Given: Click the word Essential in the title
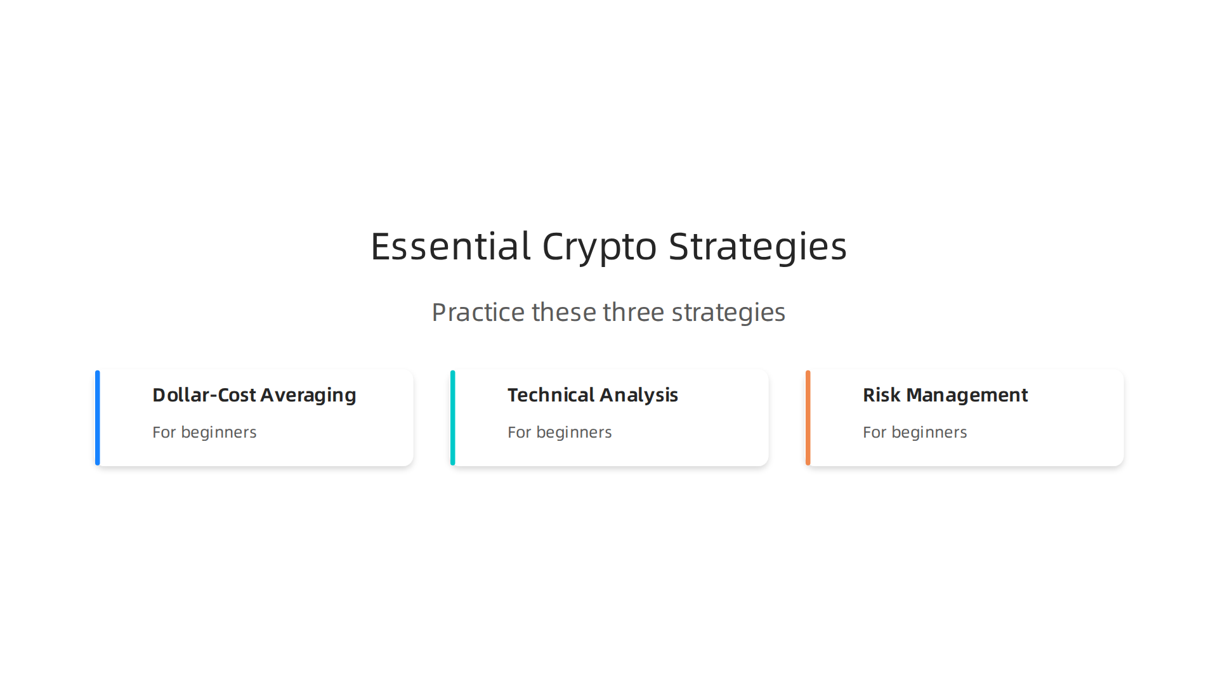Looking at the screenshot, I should (450, 246).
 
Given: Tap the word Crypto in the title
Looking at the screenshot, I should (599, 246).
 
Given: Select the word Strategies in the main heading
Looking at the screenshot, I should (757, 246).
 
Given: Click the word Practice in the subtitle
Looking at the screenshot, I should (478, 312).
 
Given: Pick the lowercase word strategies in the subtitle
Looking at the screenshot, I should (728, 312).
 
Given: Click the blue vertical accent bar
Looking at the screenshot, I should (98, 418).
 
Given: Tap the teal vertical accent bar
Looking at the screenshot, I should (453, 418).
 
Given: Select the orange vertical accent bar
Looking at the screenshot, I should (808, 418).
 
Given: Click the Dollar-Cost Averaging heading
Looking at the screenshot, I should (254, 395).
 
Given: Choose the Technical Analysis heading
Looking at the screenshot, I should (593, 395).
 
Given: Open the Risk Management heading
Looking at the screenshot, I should (945, 395).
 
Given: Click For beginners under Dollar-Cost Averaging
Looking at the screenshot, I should (204, 433).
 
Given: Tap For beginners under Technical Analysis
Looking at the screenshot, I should (560, 433).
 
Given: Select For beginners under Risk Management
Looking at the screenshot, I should (915, 433).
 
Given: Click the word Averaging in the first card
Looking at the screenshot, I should (308, 395).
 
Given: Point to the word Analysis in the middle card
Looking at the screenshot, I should (639, 395).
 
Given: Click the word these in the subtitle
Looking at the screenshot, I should (564, 312).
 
